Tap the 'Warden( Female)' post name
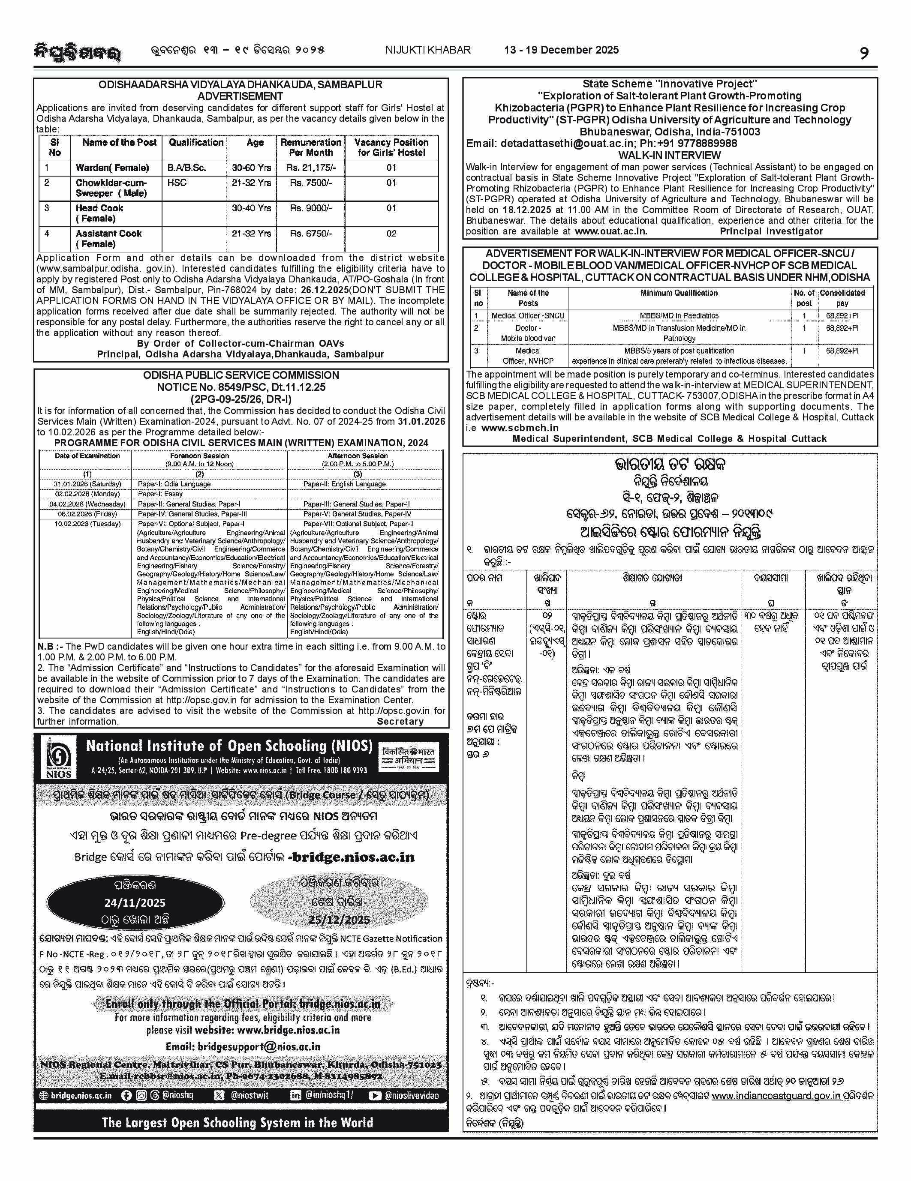(x=112, y=168)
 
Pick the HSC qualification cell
(x=177, y=183)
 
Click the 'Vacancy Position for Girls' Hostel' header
(x=391, y=147)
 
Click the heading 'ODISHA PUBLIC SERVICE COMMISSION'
(x=241, y=375)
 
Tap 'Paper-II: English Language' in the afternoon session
(x=344, y=484)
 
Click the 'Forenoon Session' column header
(x=200, y=456)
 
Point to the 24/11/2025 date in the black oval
(x=135, y=902)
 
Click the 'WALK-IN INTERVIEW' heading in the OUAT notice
(x=669, y=155)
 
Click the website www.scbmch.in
(x=520, y=428)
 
